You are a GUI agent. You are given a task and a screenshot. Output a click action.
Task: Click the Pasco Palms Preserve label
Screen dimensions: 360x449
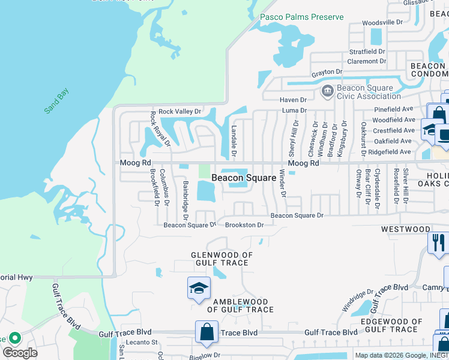click(x=301, y=17)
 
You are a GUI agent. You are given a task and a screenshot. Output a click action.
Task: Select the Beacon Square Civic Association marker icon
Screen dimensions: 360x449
click(x=328, y=91)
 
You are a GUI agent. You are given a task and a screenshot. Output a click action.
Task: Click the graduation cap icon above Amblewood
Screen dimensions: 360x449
click(x=198, y=288)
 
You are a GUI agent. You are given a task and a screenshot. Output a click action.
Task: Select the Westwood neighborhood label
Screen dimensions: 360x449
click(x=406, y=229)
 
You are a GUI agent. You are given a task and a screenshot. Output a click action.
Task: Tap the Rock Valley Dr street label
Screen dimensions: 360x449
click(x=179, y=112)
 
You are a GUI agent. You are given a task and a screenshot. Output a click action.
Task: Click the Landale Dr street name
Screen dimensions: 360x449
click(x=234, y=142)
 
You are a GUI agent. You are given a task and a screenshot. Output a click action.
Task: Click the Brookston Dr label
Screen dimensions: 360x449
click(x=244, y=225)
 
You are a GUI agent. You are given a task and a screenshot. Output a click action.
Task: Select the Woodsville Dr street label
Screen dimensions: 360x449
click(x=383, y=22)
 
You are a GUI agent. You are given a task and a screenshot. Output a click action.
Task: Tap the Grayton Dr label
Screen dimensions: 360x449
click(x=327, y=72)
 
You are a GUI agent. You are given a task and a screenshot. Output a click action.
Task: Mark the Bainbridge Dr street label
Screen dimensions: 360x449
click(x=185, y=197)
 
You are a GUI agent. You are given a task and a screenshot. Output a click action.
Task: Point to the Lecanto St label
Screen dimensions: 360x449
click(x=146, y=343)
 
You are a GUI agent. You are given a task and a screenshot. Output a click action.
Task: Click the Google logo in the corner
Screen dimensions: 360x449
click(x=20, y=352)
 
